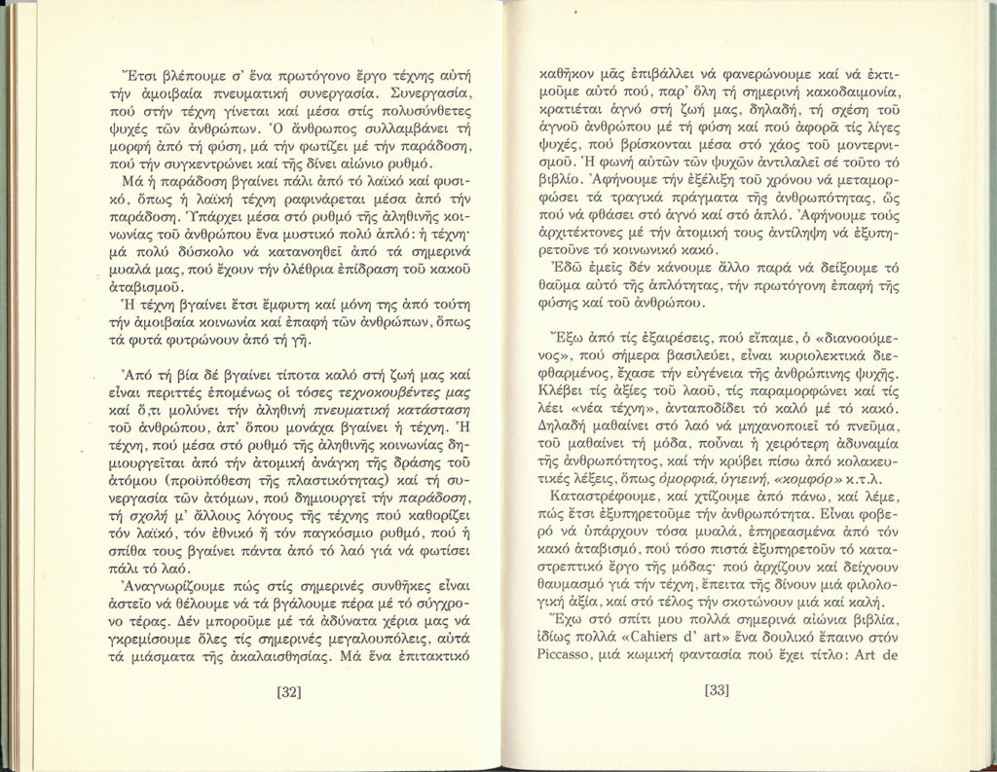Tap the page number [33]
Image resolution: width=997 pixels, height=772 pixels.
coord(716,693)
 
